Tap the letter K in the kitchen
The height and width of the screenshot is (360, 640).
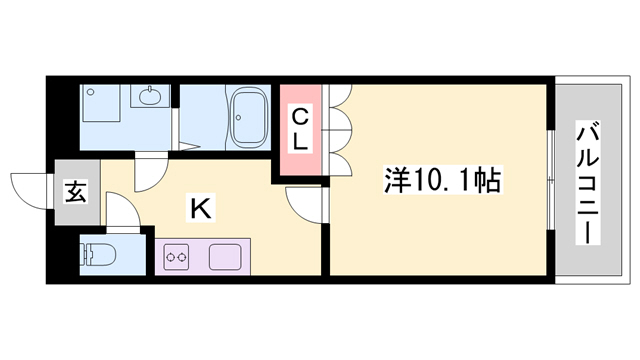pyautogui.click(x=201, y=209)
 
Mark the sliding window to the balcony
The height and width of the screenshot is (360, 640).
pyautogui.click(x=551, y=180)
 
